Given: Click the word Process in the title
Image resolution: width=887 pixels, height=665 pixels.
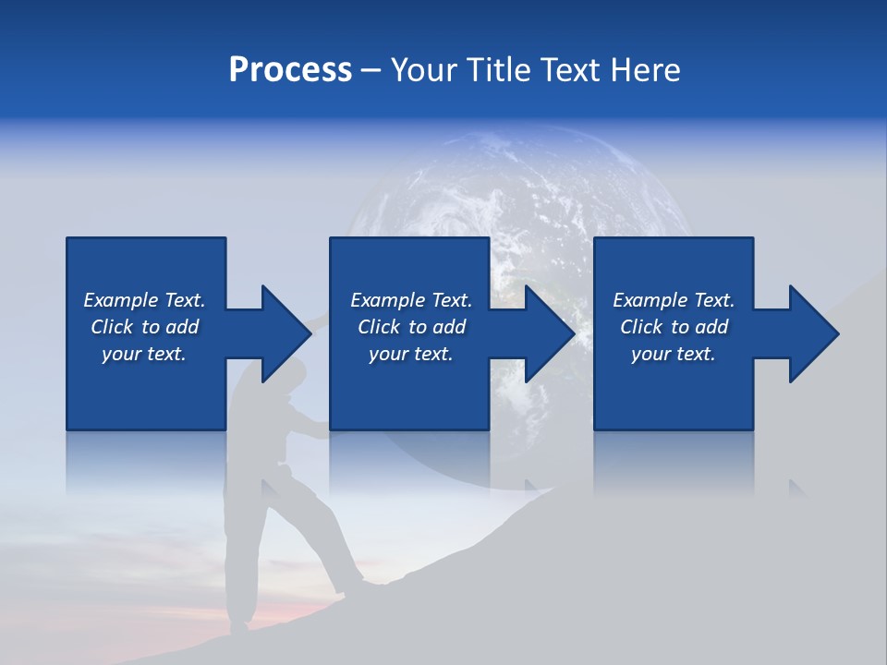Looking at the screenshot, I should click(x=290, y=70).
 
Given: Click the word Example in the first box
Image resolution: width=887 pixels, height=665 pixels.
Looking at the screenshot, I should click(x=121, y=300).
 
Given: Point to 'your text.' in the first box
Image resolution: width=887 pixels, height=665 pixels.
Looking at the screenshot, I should click(x=144, y=354).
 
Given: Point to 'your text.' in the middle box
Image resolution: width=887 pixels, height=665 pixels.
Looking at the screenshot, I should click(x=411, y=354).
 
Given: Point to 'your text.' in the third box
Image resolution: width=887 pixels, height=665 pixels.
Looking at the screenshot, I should click(x=674, y=354).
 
